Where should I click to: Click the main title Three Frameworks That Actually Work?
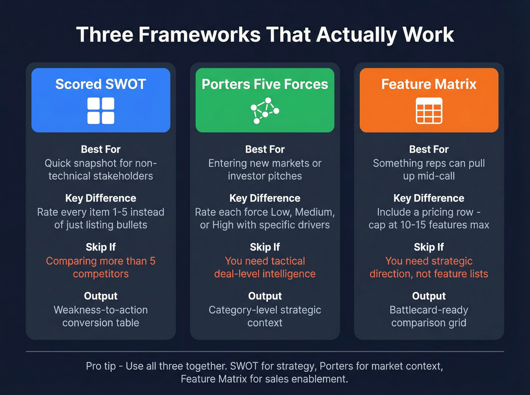click(265, 35)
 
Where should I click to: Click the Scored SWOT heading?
click(101, 84)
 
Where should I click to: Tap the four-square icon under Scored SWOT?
click(101, 111)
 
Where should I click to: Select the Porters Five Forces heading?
click(265, 84)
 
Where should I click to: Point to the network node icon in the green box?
click(265, 111)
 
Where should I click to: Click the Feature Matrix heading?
click(429, 84)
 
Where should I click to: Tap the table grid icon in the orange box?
click(429, 111)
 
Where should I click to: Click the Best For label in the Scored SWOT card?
click(101, 149)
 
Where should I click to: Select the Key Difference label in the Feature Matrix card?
click(429, 198)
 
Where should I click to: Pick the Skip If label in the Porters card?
click(265, 247)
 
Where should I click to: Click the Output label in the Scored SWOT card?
click(101, 296)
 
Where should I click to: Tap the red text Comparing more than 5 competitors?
click(101, 267)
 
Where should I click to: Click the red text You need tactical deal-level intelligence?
click(265, 267)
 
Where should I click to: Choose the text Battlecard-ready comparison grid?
click(429, 316)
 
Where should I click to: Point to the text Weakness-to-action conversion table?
click(101, 316)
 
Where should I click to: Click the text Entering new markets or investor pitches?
click(265, 169)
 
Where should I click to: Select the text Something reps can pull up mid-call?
click(429, 169)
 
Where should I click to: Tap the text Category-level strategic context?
click(265, 316)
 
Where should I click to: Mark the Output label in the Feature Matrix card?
click(429, 296)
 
